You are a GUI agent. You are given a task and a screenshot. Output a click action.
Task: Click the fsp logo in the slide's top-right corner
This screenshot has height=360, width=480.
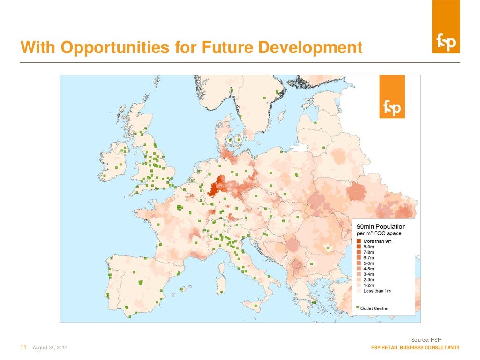[x=446, y=41]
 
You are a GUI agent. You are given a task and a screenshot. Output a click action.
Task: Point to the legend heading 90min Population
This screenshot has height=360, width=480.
[x=382, y=227]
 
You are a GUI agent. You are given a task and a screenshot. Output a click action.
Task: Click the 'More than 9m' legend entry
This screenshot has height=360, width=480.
[x=377, y=241]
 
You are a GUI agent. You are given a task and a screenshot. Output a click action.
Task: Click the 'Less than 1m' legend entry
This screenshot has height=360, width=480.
[x=377, y=291]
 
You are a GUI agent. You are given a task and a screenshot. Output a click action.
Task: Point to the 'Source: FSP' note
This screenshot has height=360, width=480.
[x=426, y=339]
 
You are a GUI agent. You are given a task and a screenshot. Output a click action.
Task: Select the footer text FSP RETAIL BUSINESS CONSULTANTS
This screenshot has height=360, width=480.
[x=415, y=348]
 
